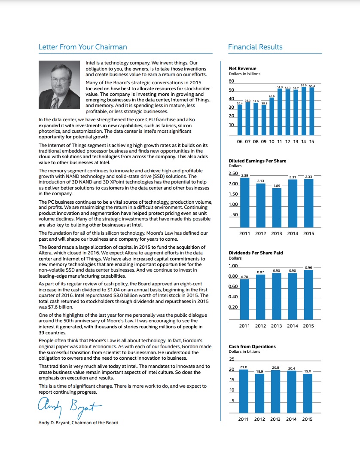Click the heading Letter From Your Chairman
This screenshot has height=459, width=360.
point(82,47)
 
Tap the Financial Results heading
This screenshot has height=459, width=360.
point(255,47)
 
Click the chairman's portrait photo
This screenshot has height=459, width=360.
point(60,85)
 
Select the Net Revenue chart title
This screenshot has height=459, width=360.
point(243,68)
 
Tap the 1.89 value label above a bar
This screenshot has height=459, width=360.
point(277,186)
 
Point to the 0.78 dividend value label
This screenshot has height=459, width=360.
point(245,276)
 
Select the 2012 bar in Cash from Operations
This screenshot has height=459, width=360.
point(260,393)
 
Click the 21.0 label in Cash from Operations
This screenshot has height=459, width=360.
point(244,367)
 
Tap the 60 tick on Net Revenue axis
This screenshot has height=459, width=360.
point(232,81)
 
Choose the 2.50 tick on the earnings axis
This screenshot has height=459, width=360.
point(233,173)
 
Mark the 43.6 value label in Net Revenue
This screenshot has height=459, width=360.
point(272,95)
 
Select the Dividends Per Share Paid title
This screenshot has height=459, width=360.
point(256,253)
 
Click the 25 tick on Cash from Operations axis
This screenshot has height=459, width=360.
point(232,359)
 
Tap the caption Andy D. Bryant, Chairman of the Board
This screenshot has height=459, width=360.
point(78,422)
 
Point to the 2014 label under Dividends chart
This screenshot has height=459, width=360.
point(292,326)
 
